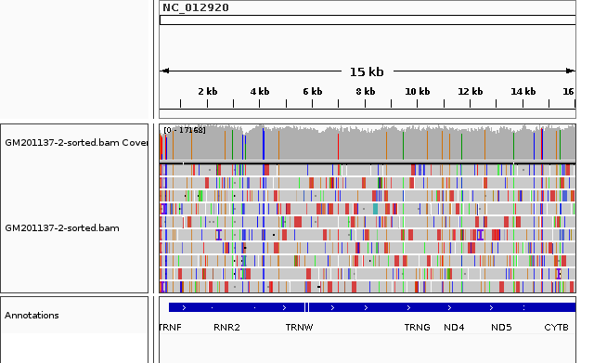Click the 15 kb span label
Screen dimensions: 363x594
(x=366, y=71)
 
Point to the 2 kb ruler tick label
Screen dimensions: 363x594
(x=207, y=91)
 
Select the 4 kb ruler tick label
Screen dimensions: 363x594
(x=259, y=91)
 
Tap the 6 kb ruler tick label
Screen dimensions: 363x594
(x=312, y=91)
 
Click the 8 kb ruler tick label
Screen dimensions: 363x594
(x=365, y=91)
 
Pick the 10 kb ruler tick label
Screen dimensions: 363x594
(x=417, y=91)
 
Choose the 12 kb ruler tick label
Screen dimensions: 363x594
(x=470, y=91)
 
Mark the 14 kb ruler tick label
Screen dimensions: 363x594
(x=523, y=91)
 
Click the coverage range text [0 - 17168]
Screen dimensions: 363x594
(x=184, y=130)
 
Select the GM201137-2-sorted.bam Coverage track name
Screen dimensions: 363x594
(x=76, y=143)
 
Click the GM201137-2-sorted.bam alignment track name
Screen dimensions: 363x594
(x=61, y=227)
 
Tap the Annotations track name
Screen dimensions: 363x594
(x=32, y=316)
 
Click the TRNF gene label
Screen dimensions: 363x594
(x=171, y=328)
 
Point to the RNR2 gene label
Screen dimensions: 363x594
(x=226, y=328)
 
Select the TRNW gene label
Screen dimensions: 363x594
(x=299, y=328)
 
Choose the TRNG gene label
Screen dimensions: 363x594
(x=417, y=328)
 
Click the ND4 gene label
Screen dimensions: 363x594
(x=454, y=328)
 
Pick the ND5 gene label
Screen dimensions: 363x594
(x=501, y=328)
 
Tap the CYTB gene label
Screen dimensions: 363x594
(x=556, y=328)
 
